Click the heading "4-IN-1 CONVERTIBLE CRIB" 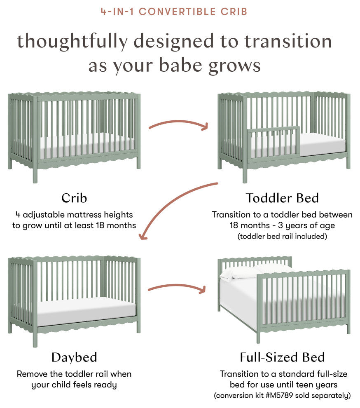coord(174,11)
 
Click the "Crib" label coord(74,198)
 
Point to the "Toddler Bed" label coord(283,198)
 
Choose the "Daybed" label coord(74,357)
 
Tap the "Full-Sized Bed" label coord(283,357)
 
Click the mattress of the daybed coord(86,307)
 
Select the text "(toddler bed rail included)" coord(282,237)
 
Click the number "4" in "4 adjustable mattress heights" coord(18,215)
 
